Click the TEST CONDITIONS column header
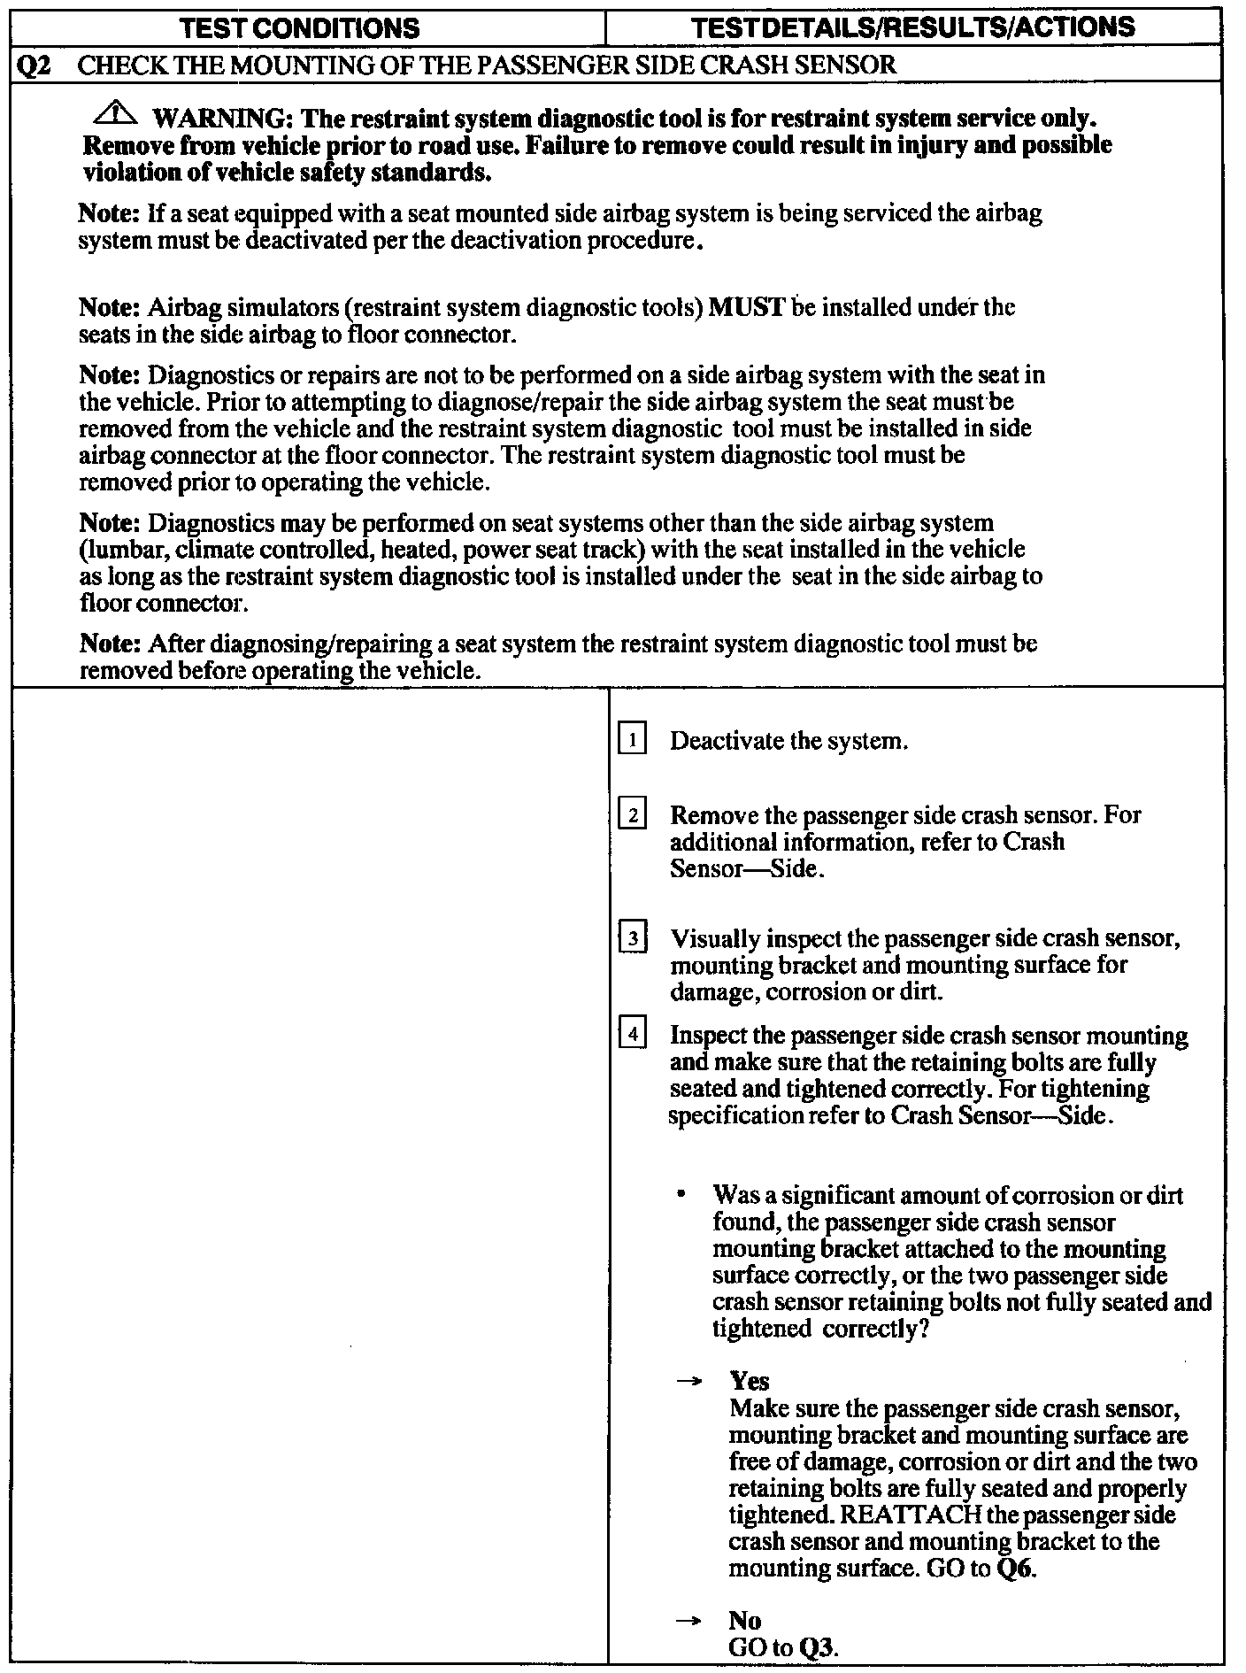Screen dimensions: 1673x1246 (x=299, y=28)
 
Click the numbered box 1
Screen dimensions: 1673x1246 (x=632, y=739)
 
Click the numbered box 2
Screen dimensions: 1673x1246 (x=632, y=813)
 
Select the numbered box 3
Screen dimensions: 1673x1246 (x=632, y=937)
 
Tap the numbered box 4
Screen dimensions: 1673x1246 (x=632, y=1034)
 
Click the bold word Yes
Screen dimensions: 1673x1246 (x=750, y=1381)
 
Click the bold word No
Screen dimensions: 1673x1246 (x=745, y=1620)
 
